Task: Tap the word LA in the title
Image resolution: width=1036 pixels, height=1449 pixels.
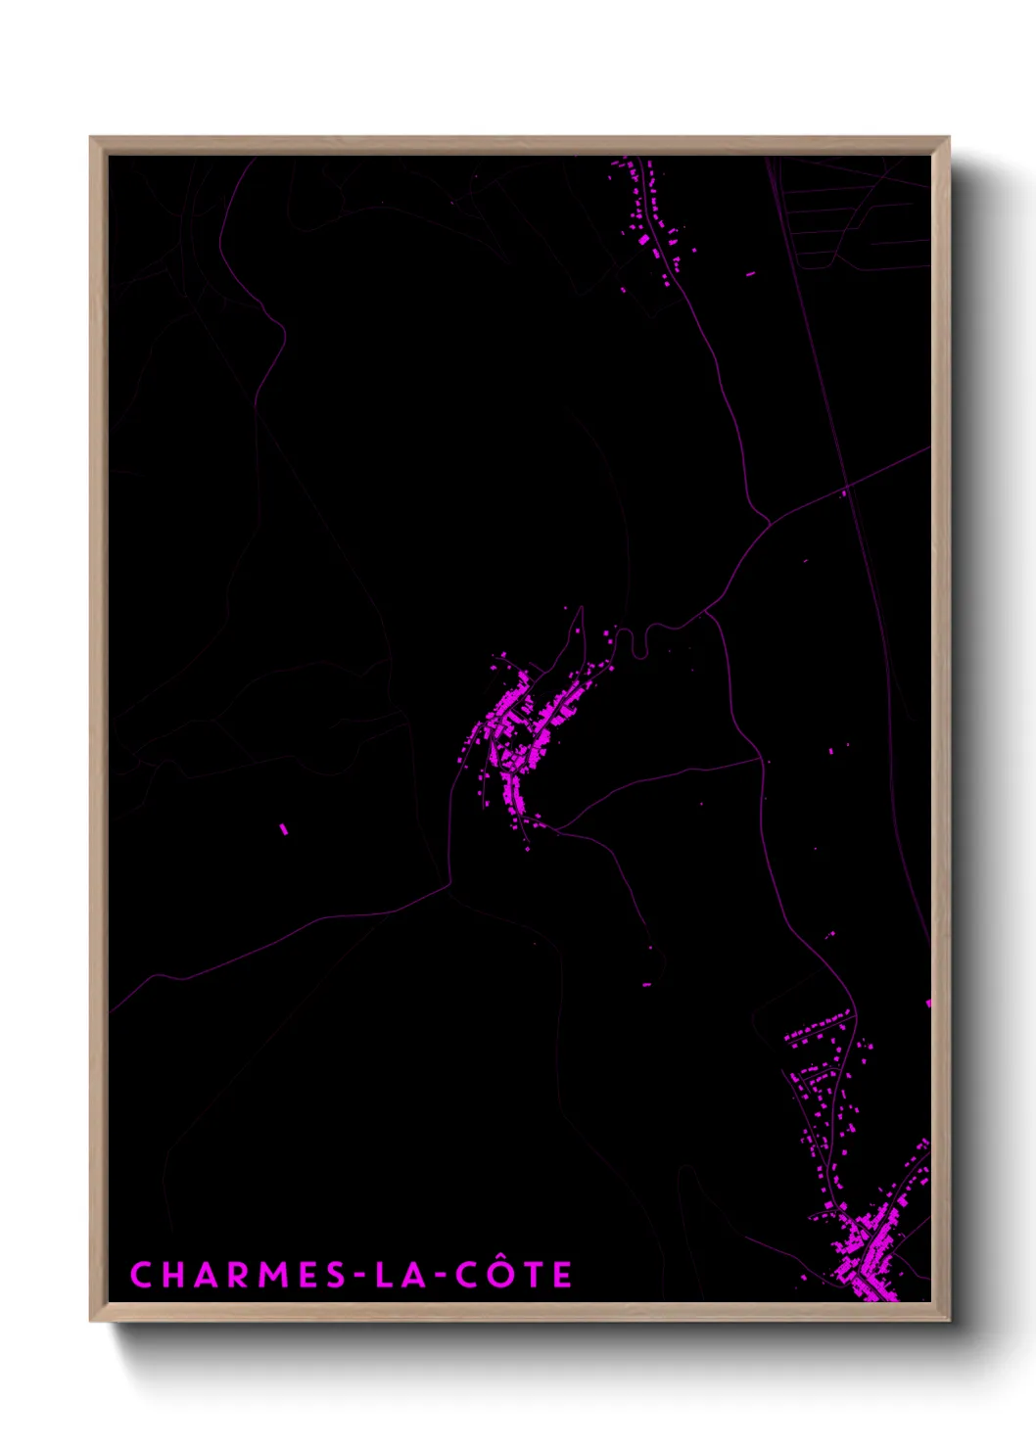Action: pyautogui.click(x=400, y=1275)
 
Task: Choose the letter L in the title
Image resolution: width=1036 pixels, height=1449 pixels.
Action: pyautogui.click(x=385, y=1275)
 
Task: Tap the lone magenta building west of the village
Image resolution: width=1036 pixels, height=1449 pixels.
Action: pyautogui.click(x=284, y=829)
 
